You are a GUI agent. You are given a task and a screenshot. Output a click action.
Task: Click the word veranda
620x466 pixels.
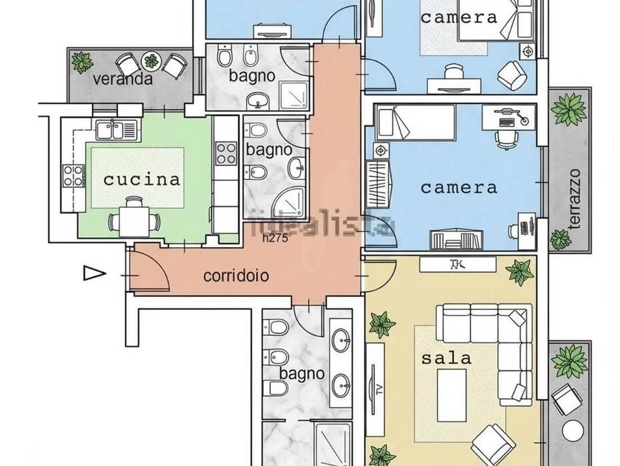[x=123, y=78]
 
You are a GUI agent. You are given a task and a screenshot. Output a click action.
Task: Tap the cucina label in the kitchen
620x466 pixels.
[x=141, y=180]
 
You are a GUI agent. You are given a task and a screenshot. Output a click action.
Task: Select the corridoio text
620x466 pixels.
[x=236, y=276]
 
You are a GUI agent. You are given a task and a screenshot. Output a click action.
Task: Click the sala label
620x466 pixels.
[x=447, y=359]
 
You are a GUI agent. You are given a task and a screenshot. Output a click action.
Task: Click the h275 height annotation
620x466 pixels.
[x=275, y=238]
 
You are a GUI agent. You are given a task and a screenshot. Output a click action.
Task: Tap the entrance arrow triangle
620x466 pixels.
[x=95, y=273]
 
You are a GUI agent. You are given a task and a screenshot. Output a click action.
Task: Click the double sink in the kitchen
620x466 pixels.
[x=116, y=130]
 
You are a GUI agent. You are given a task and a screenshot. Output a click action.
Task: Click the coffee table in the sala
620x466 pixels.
[x=451, y=395]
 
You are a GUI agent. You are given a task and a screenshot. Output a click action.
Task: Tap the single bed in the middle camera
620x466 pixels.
[x=415, y=122]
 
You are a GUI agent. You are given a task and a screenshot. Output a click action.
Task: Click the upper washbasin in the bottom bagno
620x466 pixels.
[x=341, y=340]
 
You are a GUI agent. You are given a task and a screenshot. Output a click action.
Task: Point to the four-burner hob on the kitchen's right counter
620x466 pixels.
[x=226, y=154]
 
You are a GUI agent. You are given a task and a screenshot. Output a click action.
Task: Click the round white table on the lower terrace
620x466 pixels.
[x=573, y=431]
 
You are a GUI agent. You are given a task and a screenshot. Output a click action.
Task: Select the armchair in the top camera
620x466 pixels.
[x=511, y=75]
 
